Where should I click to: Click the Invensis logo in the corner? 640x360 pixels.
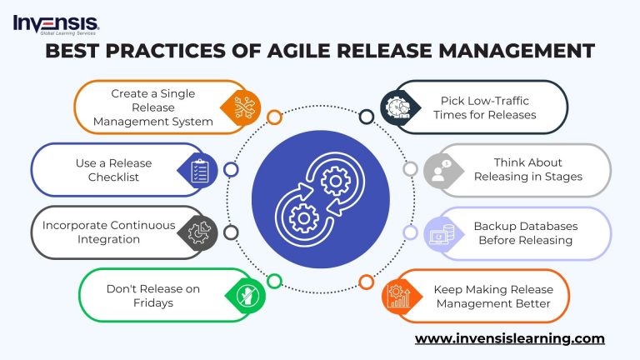pos(55,22)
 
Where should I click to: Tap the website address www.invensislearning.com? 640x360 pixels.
pos(509,338)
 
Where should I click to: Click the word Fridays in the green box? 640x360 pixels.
pos(152,303)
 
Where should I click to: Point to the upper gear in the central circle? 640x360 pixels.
pos(335,178)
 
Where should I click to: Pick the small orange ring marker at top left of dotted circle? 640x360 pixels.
pos(273,117)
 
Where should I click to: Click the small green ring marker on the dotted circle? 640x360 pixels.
pos(273,282)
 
